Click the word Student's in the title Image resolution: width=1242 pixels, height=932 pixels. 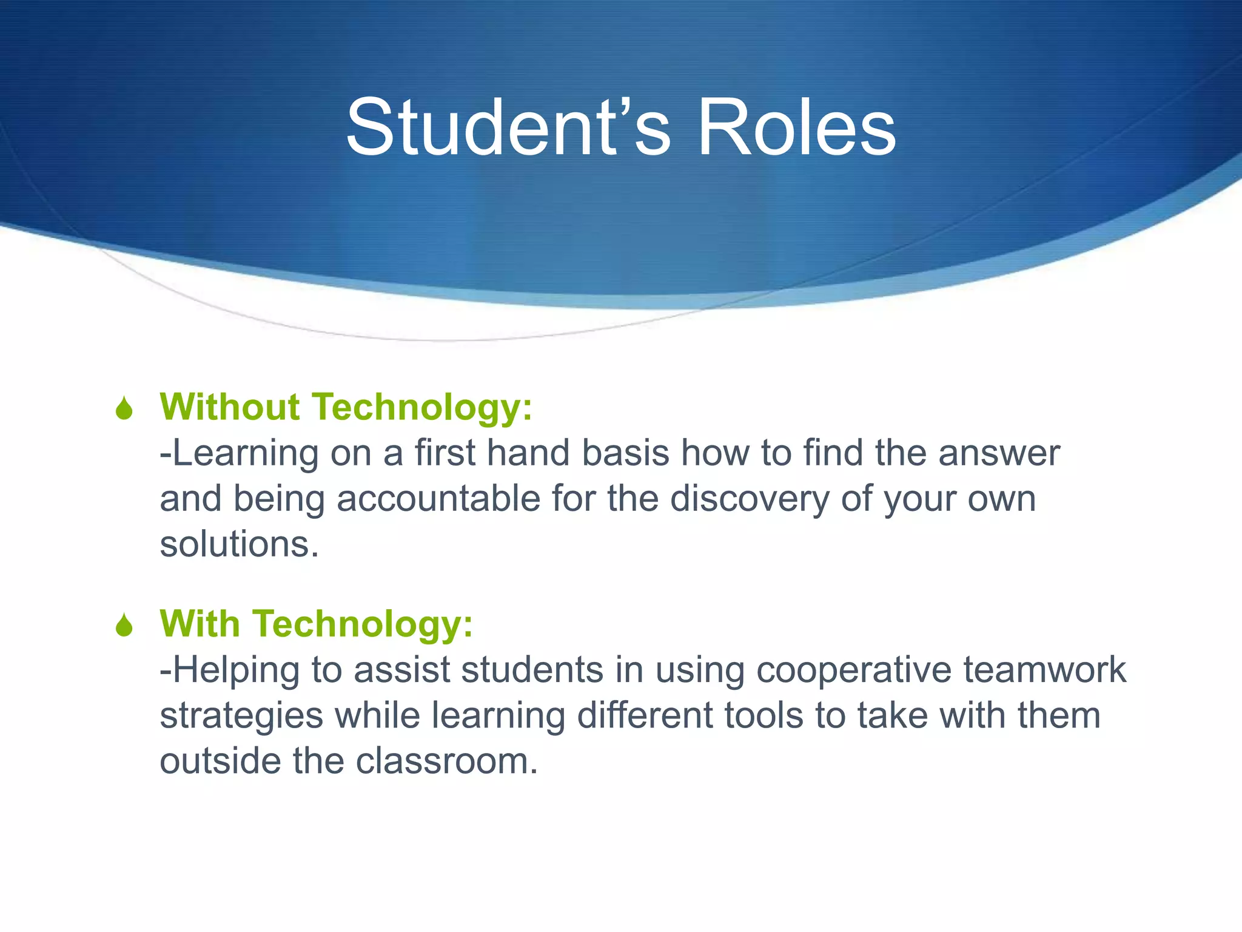508,129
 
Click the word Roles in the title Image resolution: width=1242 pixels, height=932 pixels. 796,129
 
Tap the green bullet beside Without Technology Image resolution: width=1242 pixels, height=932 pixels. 124,408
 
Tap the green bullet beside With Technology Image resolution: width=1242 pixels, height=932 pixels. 124,626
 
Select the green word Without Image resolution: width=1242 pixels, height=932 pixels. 230,407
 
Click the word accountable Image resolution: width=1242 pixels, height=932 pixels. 438,499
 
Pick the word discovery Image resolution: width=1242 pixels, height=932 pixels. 749,499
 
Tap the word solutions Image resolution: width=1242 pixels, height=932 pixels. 238,544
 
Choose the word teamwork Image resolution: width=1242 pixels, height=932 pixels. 1045,671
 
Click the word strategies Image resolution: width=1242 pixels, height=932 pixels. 241,716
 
